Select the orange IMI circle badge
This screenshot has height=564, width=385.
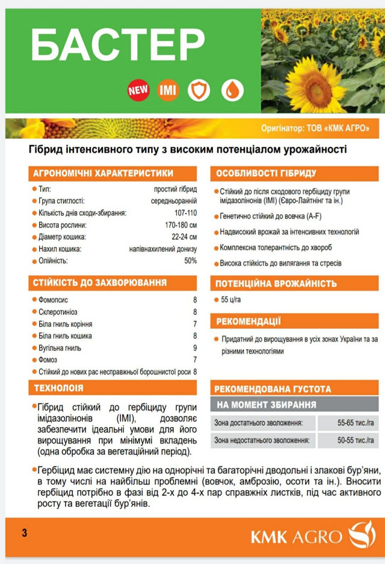168,91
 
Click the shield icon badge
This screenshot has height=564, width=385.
199,91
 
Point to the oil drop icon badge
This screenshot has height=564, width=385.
232,91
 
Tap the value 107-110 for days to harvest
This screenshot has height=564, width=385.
185,213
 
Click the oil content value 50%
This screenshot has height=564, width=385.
190,261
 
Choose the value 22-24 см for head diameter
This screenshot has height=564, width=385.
183,237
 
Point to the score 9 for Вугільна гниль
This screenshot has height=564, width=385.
195,348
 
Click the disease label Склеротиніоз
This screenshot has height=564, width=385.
59,312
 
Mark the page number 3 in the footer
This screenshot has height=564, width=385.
24,533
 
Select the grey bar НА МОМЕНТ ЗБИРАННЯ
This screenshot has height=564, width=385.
266,404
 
